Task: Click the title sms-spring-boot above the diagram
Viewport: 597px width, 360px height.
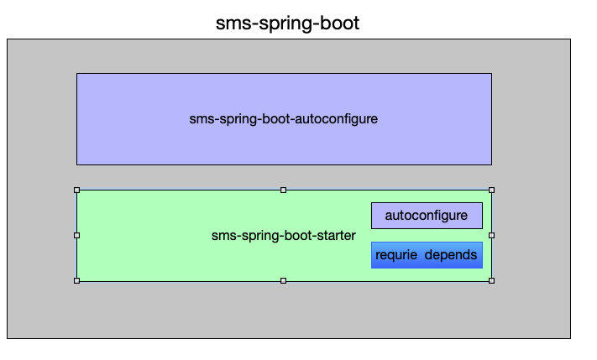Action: coord(287,23)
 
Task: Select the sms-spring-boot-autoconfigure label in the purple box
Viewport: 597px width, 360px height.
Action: coord(284,119)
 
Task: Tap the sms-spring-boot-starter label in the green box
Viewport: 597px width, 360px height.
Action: coord(283,236)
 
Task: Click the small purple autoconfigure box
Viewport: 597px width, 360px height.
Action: coord(427,216)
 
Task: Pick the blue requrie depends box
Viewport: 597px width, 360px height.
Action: coord(427,255)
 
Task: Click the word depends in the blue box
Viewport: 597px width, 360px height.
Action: coord(451,255)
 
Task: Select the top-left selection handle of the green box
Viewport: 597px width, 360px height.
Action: coord(76,190)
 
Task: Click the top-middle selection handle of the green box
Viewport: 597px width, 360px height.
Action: coord(283,190)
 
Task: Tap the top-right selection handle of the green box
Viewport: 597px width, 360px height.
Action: coord(491,190)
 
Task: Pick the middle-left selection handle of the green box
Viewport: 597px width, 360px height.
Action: coord(76,235)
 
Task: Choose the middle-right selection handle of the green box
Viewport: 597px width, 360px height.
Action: coord(491,235)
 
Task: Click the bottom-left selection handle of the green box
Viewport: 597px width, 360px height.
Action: coord(76,280)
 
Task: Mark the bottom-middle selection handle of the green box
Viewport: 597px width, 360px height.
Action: coord(283,280)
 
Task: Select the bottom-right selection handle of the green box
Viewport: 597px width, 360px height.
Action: coord(491,280)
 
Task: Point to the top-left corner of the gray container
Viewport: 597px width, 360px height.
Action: coord(8,39)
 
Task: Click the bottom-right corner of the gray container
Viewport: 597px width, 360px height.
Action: coord(570,338)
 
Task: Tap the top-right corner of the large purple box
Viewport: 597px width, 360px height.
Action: coord(491,74)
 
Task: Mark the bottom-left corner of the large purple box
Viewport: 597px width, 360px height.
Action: coord(77,164)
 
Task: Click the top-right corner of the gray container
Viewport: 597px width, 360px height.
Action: coord(570,39)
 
